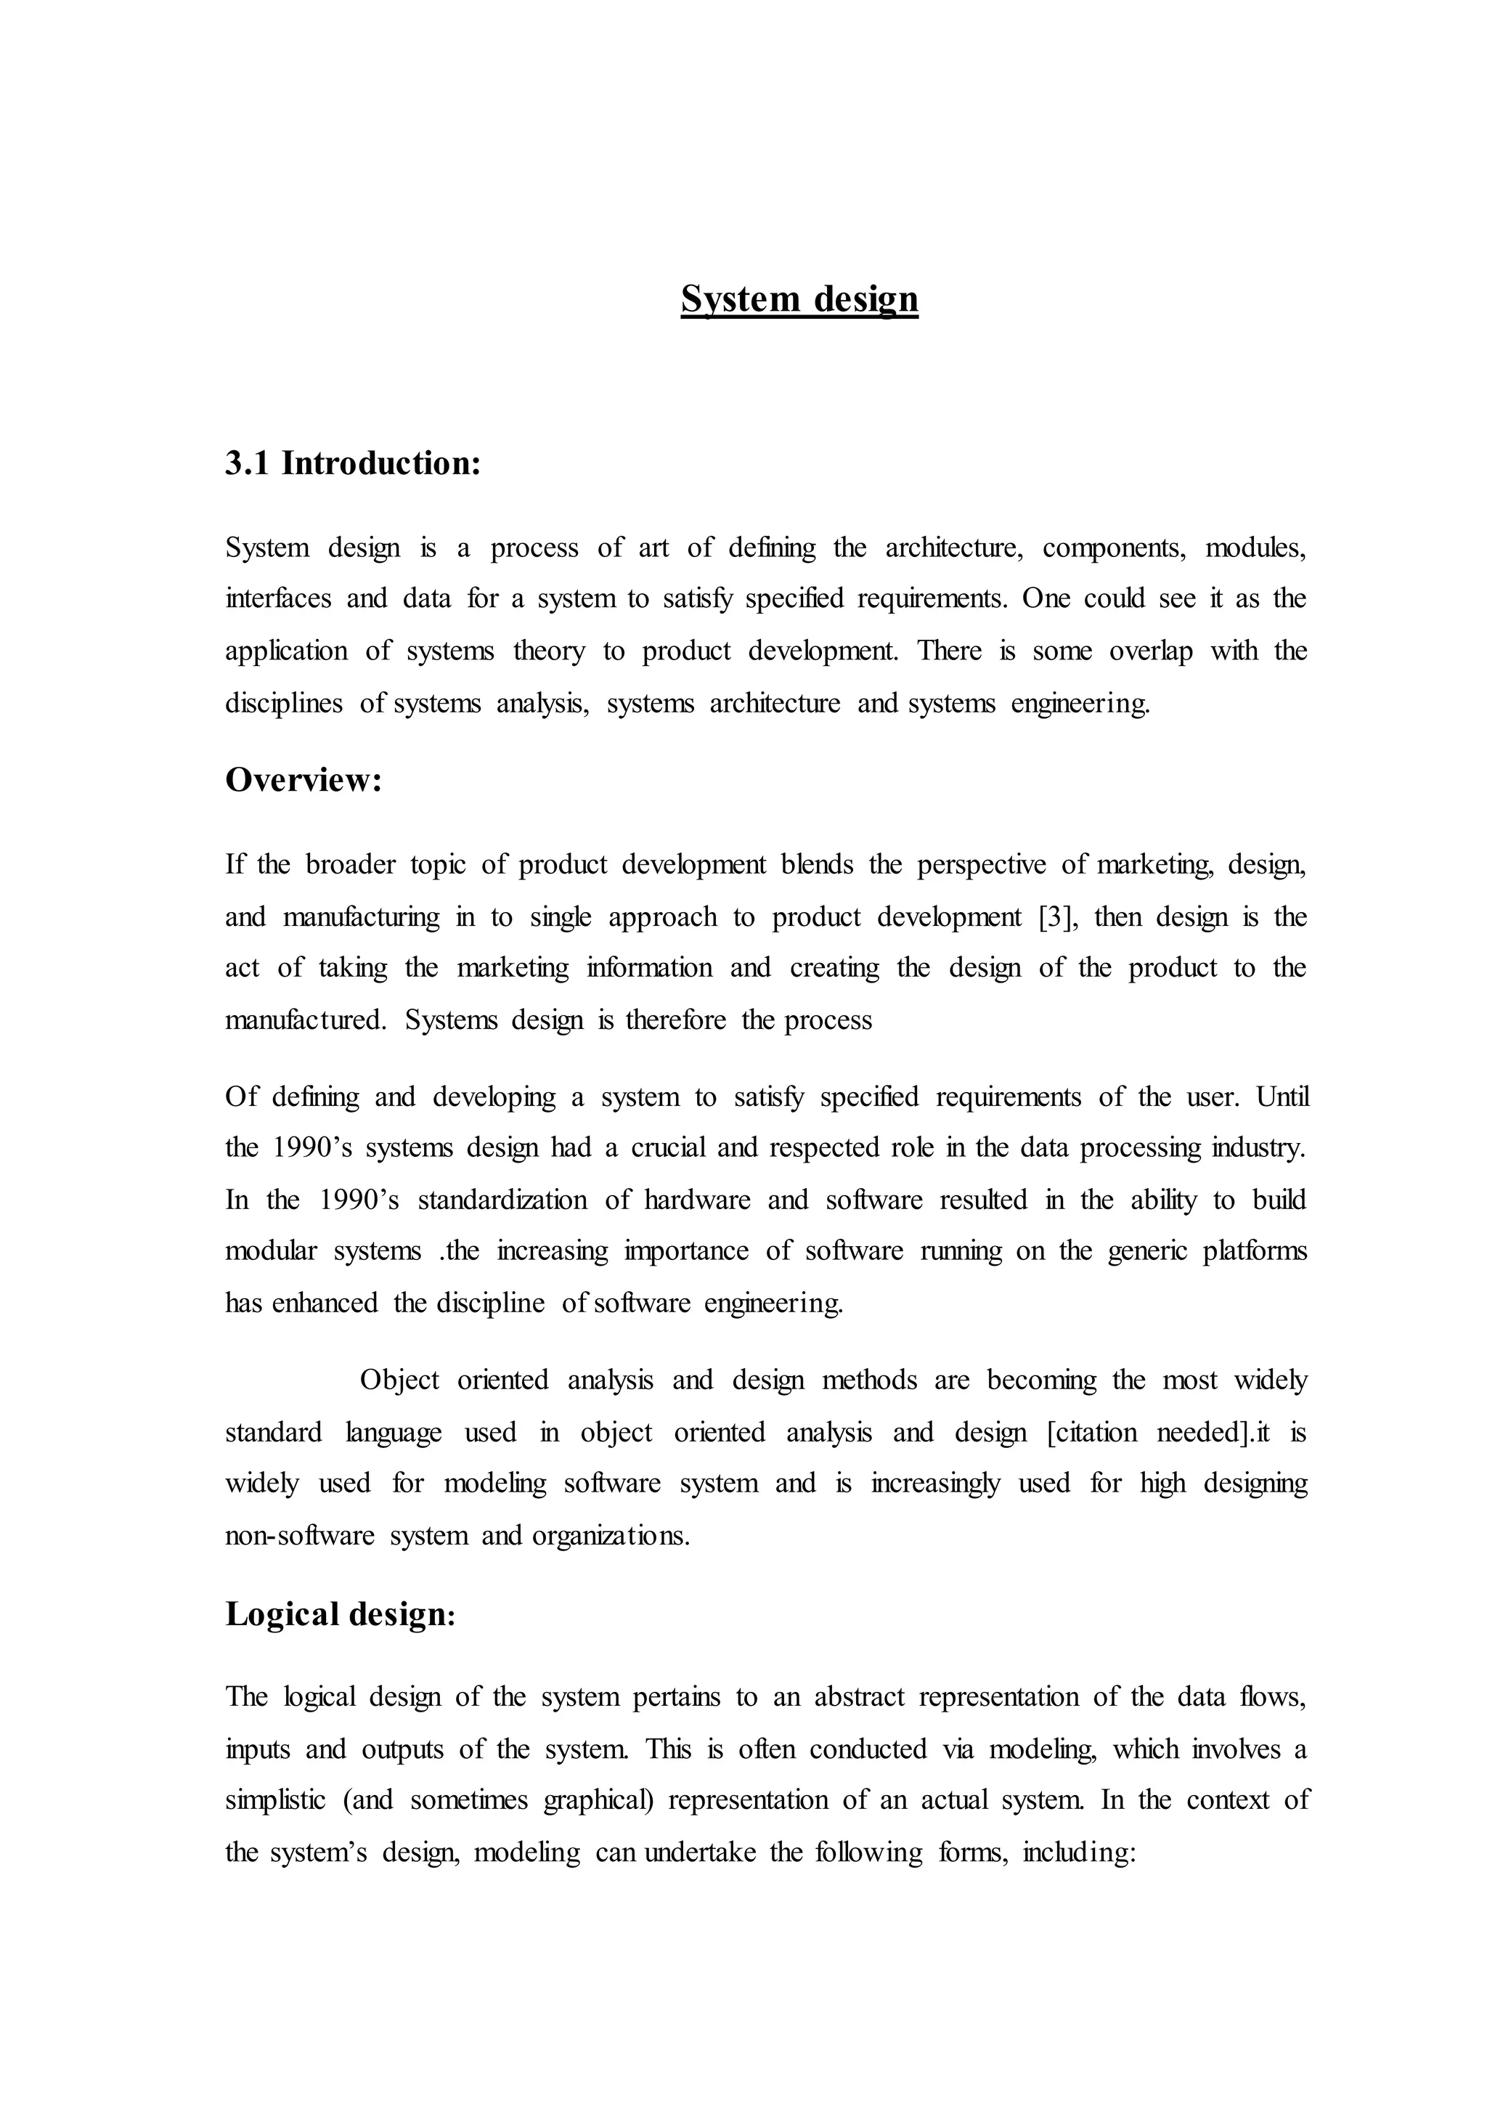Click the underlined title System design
(x=799, y=299)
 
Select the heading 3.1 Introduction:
(x=353, y=463)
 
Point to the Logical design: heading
(x=340, y=1613)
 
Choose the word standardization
(x=502, y=1200)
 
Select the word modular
(x=270, y=1251)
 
